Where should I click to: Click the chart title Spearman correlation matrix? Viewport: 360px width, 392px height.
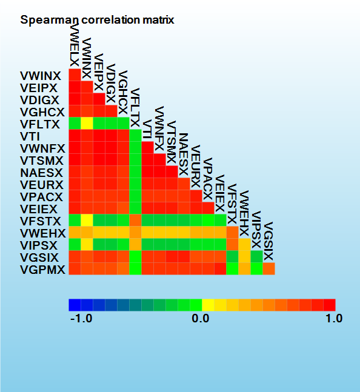[97, 20]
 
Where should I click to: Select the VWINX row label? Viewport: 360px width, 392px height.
[41, 76]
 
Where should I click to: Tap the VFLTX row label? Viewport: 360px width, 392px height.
[40, 124]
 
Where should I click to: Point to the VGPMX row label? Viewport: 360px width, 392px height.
[42, 270]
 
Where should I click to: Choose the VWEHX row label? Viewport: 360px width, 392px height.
[43, 233]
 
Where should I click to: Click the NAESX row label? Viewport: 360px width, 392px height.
[41, 173]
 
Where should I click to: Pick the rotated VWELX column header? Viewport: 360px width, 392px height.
[75, 45]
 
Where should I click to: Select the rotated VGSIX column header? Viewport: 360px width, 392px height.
[268, 241]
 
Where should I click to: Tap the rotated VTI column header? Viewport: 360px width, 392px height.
[147, 130]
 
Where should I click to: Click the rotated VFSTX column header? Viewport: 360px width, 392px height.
[232, 204]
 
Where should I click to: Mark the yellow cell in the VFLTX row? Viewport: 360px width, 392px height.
[87, 123]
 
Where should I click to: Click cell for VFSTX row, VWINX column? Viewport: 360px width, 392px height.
[87, 221]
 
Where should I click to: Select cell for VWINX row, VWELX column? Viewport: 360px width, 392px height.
[75, 75]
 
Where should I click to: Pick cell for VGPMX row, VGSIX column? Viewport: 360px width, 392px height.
[268, 269]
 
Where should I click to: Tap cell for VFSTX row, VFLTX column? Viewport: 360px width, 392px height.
[136, 221]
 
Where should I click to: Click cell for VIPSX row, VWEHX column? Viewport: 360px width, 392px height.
[244, 245]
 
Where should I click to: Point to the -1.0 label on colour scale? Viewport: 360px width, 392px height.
[81, 319]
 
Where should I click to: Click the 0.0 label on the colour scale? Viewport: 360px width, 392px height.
[201, 319]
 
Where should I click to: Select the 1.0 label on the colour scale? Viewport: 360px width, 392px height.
[334, 319]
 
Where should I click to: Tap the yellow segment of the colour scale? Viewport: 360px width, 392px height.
[208, 305]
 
